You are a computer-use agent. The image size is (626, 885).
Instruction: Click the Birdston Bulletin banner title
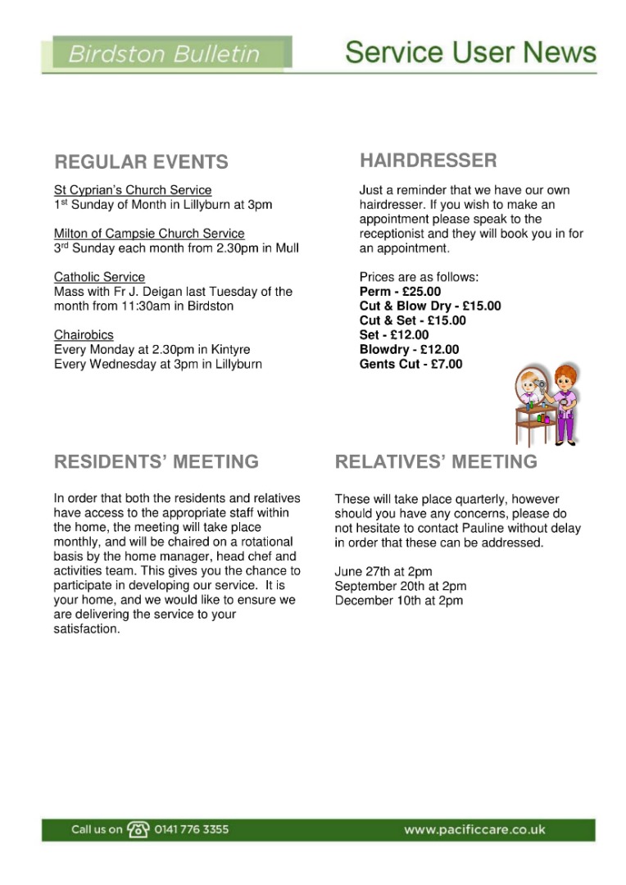[x=164, y=55]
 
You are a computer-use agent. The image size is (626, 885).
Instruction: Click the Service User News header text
[x=470, y=52]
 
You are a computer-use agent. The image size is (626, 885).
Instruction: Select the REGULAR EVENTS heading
[x=141, y=161]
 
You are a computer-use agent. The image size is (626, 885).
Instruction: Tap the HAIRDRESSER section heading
[x=428, y=160]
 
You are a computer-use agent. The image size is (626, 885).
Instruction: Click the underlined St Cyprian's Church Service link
[x=133, y=190]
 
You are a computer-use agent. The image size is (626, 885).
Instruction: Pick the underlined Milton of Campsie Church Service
[x=149, y=234]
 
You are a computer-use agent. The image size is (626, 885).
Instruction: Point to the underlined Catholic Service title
[x=99, y=277]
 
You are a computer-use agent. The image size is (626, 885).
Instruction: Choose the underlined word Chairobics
[x=84, y=335]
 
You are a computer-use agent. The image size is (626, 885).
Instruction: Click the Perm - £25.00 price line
[x=400, y=292]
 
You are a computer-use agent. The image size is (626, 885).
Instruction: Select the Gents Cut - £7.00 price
[x=411, y=364]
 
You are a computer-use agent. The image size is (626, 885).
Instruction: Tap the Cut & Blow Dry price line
[x=430, y=306]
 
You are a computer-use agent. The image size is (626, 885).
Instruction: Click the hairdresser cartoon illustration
[x=546, y=404]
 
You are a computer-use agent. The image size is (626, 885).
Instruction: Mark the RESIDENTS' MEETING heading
[x=156, y=462]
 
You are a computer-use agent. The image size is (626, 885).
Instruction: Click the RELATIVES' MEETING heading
[x=436, y=462]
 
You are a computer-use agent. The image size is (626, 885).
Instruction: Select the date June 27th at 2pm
[x=383, y=571]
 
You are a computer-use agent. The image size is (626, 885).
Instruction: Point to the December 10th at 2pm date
[x=399, y=601]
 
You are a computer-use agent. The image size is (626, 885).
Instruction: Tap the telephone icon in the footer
[x=138, y=829]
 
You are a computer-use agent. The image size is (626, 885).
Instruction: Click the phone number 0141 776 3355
[x=192, y=829]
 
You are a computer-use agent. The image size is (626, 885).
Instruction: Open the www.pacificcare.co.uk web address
[x=474, y=829]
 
